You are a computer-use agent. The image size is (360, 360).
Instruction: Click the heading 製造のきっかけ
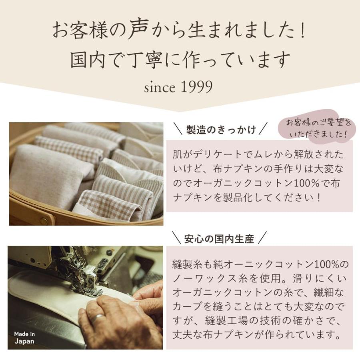click(221, 130)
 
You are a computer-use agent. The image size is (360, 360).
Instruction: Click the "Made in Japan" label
click(24, 338)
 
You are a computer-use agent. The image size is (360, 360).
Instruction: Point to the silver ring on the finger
click(98, 318)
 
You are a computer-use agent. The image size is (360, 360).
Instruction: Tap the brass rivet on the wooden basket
click(44, 220)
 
